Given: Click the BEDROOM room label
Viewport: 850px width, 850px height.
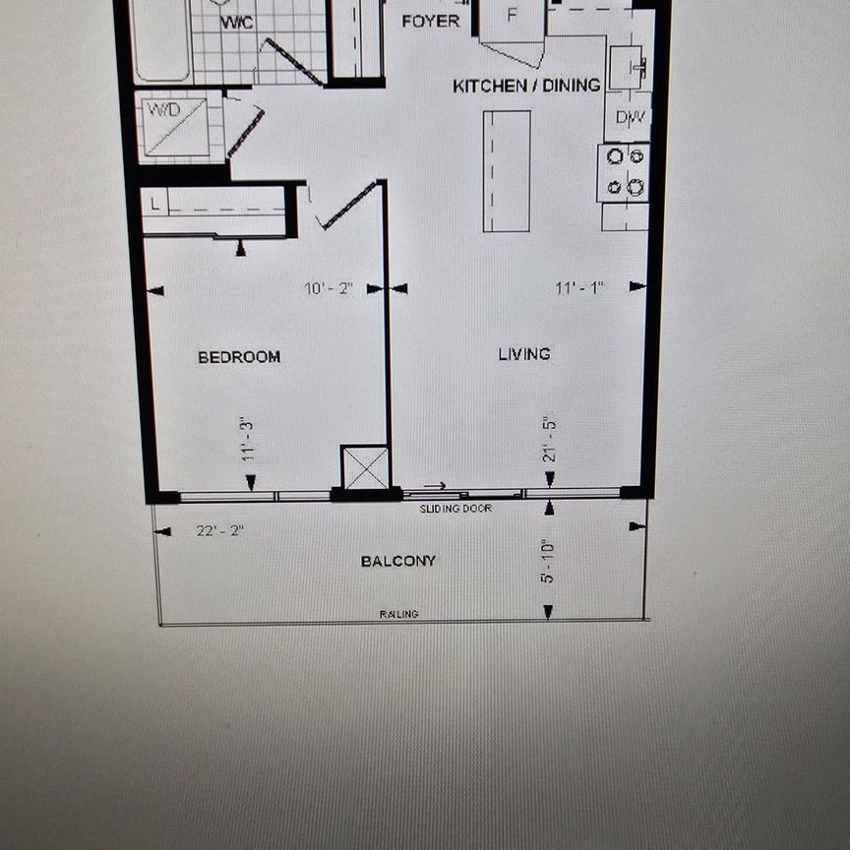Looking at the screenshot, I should (239, 357).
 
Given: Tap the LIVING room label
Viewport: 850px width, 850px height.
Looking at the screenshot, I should (523, 354).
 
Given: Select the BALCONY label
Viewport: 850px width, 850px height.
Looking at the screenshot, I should (397, 561).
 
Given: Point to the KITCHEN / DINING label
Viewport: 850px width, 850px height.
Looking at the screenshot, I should (526, 86).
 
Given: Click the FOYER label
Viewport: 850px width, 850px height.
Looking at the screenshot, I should (431, 21).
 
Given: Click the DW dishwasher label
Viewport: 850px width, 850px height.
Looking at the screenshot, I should (631, 118).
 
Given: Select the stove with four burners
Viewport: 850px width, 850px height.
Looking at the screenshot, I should (625, 171).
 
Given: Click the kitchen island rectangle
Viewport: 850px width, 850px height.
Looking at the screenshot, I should (507, 170).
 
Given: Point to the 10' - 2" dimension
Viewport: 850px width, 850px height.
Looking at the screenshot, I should (329, 289).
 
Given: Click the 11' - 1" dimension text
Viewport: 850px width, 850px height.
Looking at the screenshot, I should (578, 288).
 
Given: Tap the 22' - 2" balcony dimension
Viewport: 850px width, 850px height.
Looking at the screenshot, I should (219, 530).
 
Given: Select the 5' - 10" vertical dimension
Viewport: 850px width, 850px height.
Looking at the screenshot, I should (548, 561).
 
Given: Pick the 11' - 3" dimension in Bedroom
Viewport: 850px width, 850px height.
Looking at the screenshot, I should (247, 439).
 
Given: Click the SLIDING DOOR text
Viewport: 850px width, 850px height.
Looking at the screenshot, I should (455, 509).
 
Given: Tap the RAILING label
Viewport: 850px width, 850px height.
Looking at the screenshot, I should (398, 615).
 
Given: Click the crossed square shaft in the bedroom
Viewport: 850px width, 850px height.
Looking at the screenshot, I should (366, 467).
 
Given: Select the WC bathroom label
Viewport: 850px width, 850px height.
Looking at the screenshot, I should (236, 22).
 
